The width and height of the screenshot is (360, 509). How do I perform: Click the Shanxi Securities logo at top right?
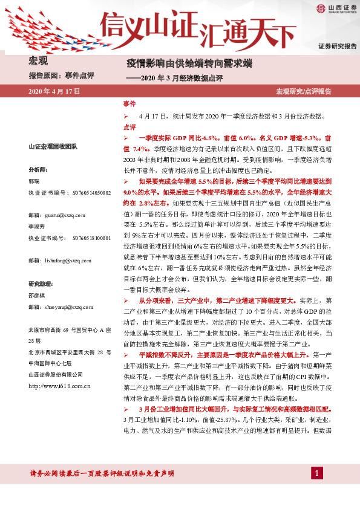333,8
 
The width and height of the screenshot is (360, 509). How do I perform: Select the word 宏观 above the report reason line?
38,60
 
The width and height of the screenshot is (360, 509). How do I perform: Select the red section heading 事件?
129,105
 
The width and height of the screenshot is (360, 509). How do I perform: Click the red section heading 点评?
129,127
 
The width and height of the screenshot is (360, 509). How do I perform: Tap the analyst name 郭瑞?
34,181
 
